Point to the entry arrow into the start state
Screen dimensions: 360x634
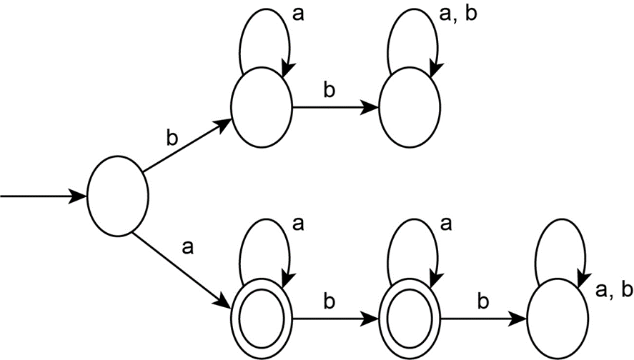[43, 196]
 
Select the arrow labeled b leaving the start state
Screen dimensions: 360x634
[187, 147]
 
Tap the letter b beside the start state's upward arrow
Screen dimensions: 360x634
[172, 137]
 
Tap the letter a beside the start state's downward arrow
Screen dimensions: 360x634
[188, 248]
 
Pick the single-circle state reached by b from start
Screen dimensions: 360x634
[262, 109]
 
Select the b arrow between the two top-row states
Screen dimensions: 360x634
[335, 109]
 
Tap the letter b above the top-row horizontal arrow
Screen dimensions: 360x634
[330, 91]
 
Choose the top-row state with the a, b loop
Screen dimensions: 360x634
[409, 109]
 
